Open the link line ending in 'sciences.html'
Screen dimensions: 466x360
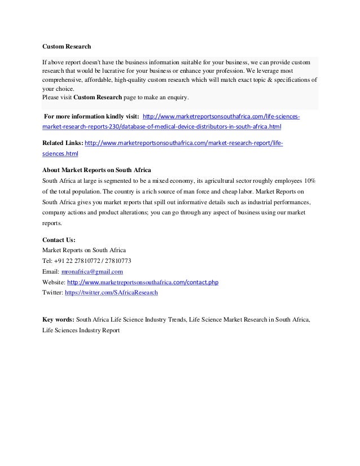click(x=60, y=153)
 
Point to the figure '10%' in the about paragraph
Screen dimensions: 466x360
click(x=310, y=181)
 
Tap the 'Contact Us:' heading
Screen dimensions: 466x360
click(x=59, y=239)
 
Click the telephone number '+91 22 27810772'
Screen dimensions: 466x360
click(x=82, y=260)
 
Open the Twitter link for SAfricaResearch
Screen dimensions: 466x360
click(x=112, y=293)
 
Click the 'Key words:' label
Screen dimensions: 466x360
click(x=58, y=319)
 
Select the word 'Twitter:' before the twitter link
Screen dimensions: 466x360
click(x=52, y=293)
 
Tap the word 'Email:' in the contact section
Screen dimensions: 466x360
click(x=51, y=271)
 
